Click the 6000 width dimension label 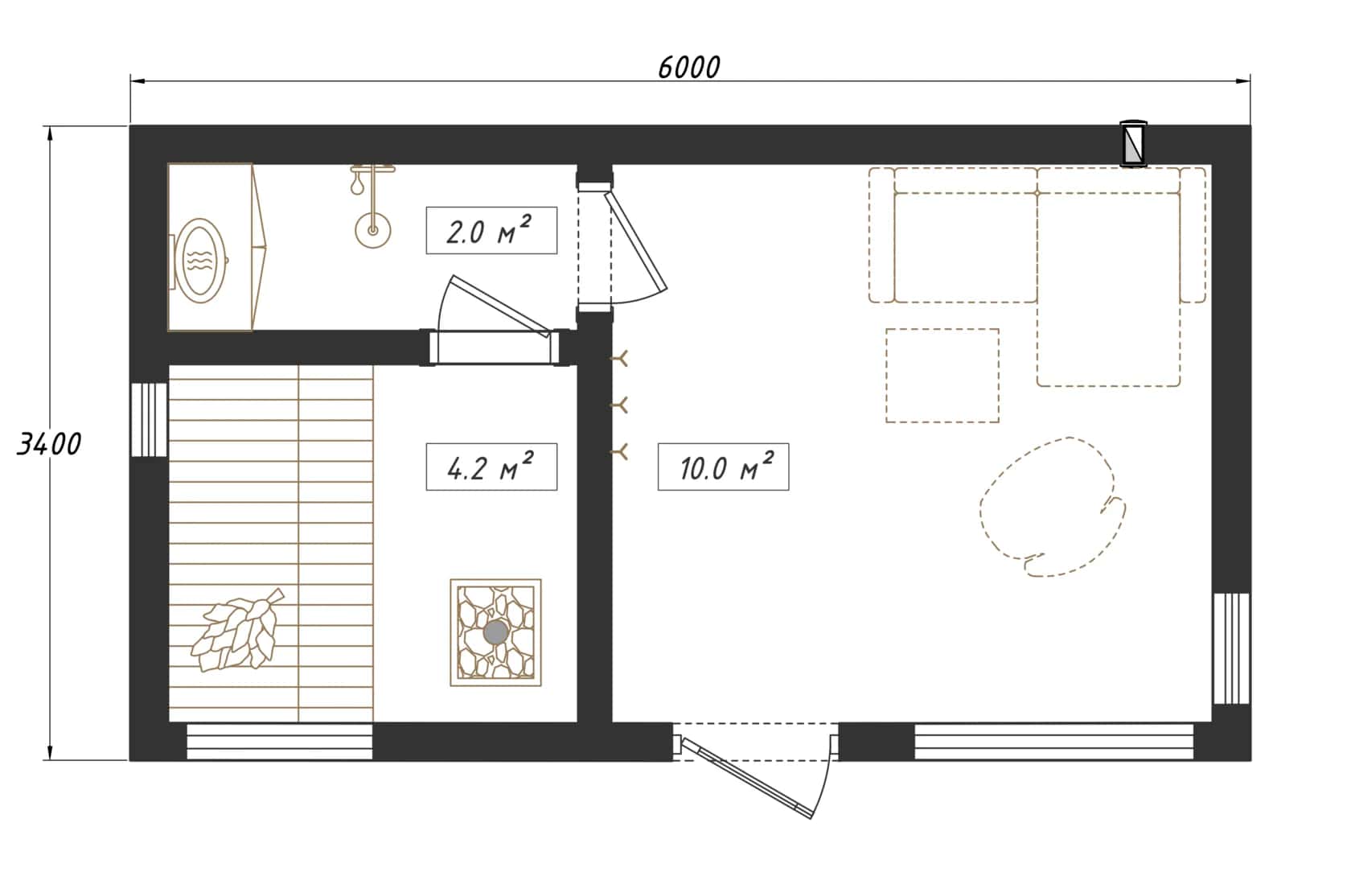[x=688, y=68]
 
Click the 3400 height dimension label [x=49, y=445]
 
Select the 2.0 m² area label [x=491, y=230]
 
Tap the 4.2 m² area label [x=491, y=467]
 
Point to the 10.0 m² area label [x=723, y=467]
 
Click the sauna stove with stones [x=495, y=632]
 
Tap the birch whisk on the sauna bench [x=237, y=631]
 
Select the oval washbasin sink [x=203, y=261]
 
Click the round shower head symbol [x=373, y=230]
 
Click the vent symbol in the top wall [x=1133, y=143]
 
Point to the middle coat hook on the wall [x=619, y=405]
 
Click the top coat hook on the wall [x=619, y=359]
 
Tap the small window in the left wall [x=149, y=420]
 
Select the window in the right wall [x=1231, y=648]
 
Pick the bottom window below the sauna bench [x=279, y=742]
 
